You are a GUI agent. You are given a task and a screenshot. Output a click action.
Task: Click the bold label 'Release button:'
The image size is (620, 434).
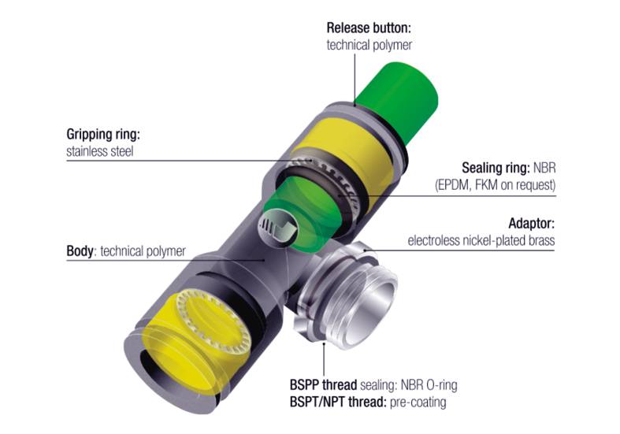pyautogui.click(x=369, y=28)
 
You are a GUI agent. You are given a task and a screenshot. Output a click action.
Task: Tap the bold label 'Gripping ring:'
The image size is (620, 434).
pyautogui.click(x=103, y=134)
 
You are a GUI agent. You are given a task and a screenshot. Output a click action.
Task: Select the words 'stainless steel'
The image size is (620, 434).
pyautogui.click(x=99, y=151)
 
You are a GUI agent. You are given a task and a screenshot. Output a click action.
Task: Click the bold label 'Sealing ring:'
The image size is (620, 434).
pyautogui.click(x=496, y=168)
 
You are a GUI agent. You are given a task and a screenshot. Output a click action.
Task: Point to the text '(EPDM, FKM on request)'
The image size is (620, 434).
pyautogui.click(x=495, y=185)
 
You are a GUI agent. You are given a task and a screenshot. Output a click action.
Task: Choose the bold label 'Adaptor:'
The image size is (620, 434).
pyautogui.click(x=532, y=224)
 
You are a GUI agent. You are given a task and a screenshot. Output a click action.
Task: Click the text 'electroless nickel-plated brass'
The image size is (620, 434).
pyautogui.click(x=481, y=241)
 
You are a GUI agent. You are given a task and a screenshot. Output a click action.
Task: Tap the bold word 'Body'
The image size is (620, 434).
pyautogui.click(x=80, y=251)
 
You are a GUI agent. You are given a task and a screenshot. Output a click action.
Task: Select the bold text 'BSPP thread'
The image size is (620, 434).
pyautogui.click(x=323, y=384)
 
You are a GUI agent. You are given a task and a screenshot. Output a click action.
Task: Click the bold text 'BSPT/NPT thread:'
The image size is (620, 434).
pyautogui.click(x=338, y=402)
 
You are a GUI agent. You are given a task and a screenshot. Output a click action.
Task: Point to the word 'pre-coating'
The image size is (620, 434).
pyautogui.click(x=418, y=402)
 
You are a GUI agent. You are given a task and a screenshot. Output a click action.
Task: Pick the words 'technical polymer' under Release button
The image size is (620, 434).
pyautogui.click(x=369, y=45)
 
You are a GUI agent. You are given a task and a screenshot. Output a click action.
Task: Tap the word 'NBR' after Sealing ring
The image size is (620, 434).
pyautogui.click(x=544, y=168)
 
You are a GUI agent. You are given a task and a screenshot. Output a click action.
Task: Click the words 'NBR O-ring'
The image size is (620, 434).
pyautogui.click(x=429, y=384)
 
